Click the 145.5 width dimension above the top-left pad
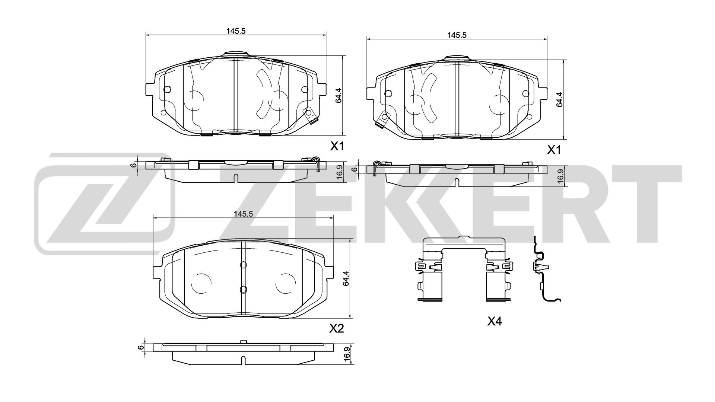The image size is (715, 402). point(236,31)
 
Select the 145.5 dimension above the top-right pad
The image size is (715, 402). point(457,35)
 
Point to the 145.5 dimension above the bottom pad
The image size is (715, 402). point(243,214)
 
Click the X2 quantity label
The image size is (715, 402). point(336,329)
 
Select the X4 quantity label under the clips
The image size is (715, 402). point(495,321)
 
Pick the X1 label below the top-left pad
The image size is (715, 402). point(337,147)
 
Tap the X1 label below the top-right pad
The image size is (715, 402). point(554,150)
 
